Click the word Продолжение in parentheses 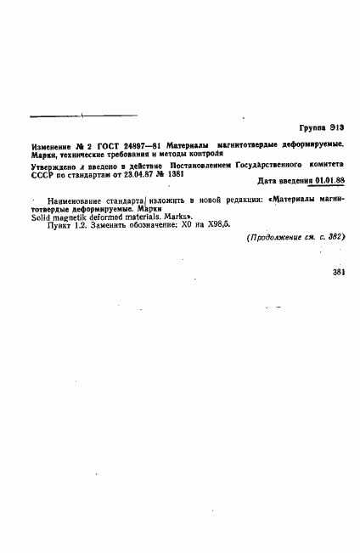[276, 239]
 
